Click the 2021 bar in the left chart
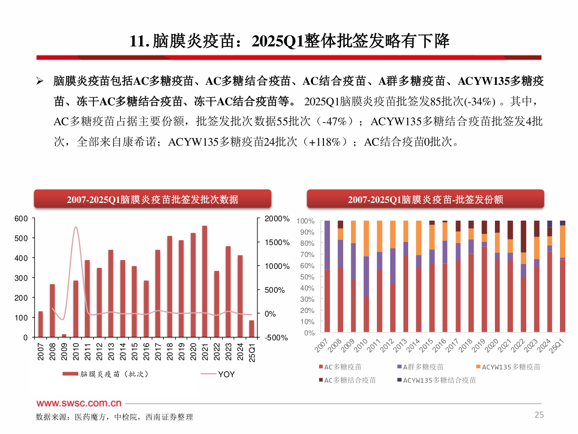(x=205, y=281)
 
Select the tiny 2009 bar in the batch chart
(x=64, y=335)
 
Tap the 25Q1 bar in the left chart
(x=252, y=328)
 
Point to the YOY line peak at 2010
(x=76, y=227)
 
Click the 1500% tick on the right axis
(x=277, y=242)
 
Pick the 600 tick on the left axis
(x=21, y=219)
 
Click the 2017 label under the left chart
(x=158, y=351)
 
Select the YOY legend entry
(x=226, y=374)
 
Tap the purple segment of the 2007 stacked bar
(x=327, y=245)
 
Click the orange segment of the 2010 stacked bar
(x=366, y=238)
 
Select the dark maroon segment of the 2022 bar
(x=523, y=236)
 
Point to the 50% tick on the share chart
(x=307, y=277)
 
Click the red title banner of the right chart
(x=425, y=199)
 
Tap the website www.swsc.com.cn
(x=79, y=403)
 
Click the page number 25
(x=539, y=415)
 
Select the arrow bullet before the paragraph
(x=40, y=81)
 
